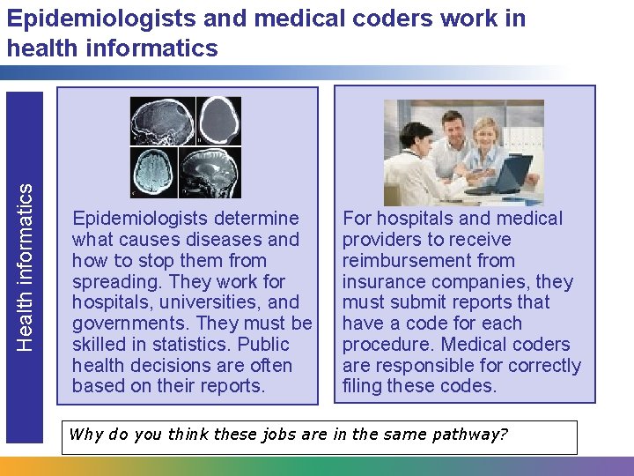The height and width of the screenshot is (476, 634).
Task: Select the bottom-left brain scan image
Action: pos(154,171)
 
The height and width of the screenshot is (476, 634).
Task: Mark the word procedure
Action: pos(386,345)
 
